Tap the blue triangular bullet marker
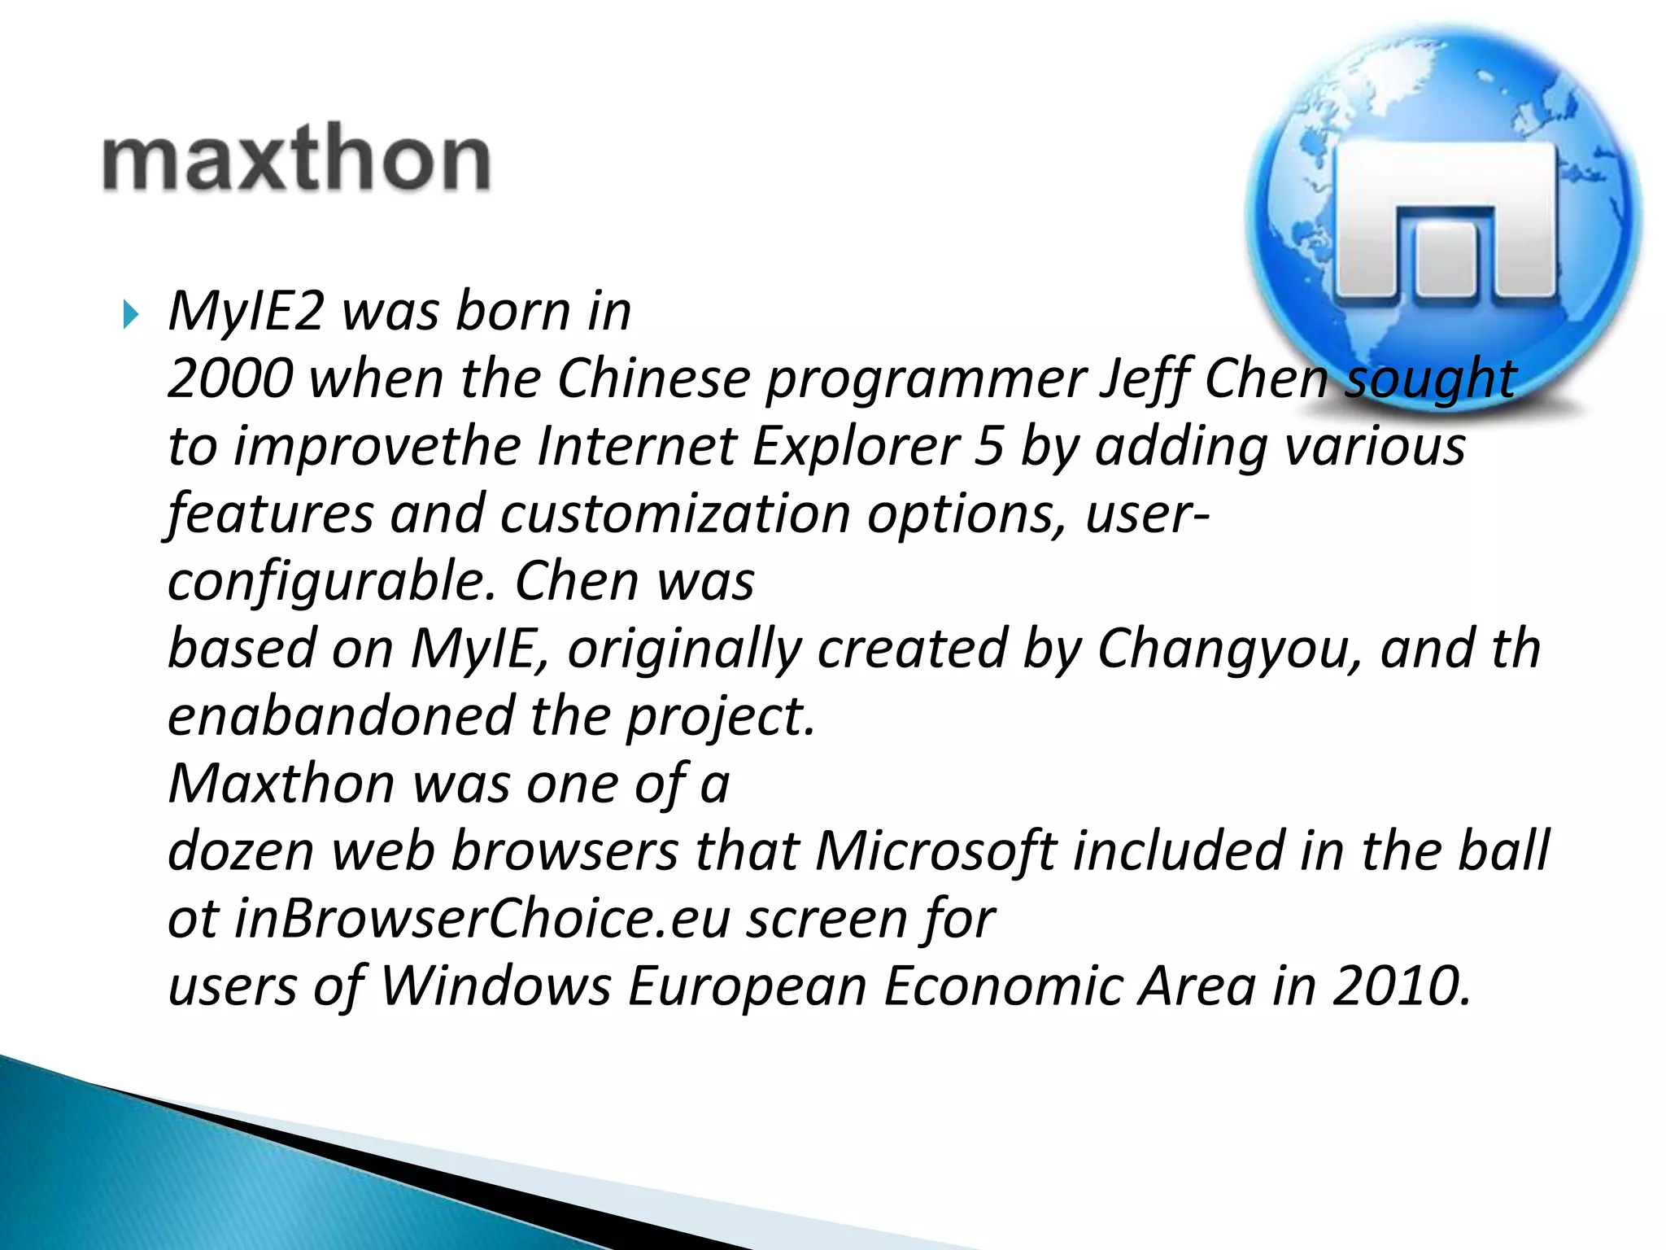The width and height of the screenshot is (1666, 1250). click(130, 314)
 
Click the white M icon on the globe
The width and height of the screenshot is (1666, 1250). click(1446, 221)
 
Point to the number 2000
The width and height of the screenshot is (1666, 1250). click(229, 379)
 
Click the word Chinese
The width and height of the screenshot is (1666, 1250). click(652, 379)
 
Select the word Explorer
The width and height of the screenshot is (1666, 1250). click(857, 448)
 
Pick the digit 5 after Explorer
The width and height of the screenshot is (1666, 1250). click(988, 447)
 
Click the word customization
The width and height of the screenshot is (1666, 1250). click(675, 515)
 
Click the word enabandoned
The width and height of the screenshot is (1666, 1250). click(340, 716)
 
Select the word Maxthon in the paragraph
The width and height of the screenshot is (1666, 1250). click(281, 784)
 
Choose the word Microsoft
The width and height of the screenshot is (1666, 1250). click(936, 851)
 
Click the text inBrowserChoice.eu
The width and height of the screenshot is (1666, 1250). click(482, 919)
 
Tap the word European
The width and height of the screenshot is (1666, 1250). click(748, 986)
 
